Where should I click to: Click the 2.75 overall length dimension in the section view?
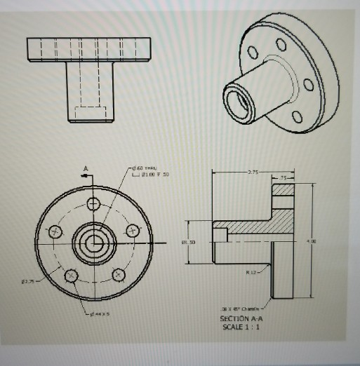(253, 170)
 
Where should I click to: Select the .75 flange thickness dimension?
(282, 178)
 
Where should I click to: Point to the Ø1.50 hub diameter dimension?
(188, 242)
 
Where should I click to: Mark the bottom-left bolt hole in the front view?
(70, 276)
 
